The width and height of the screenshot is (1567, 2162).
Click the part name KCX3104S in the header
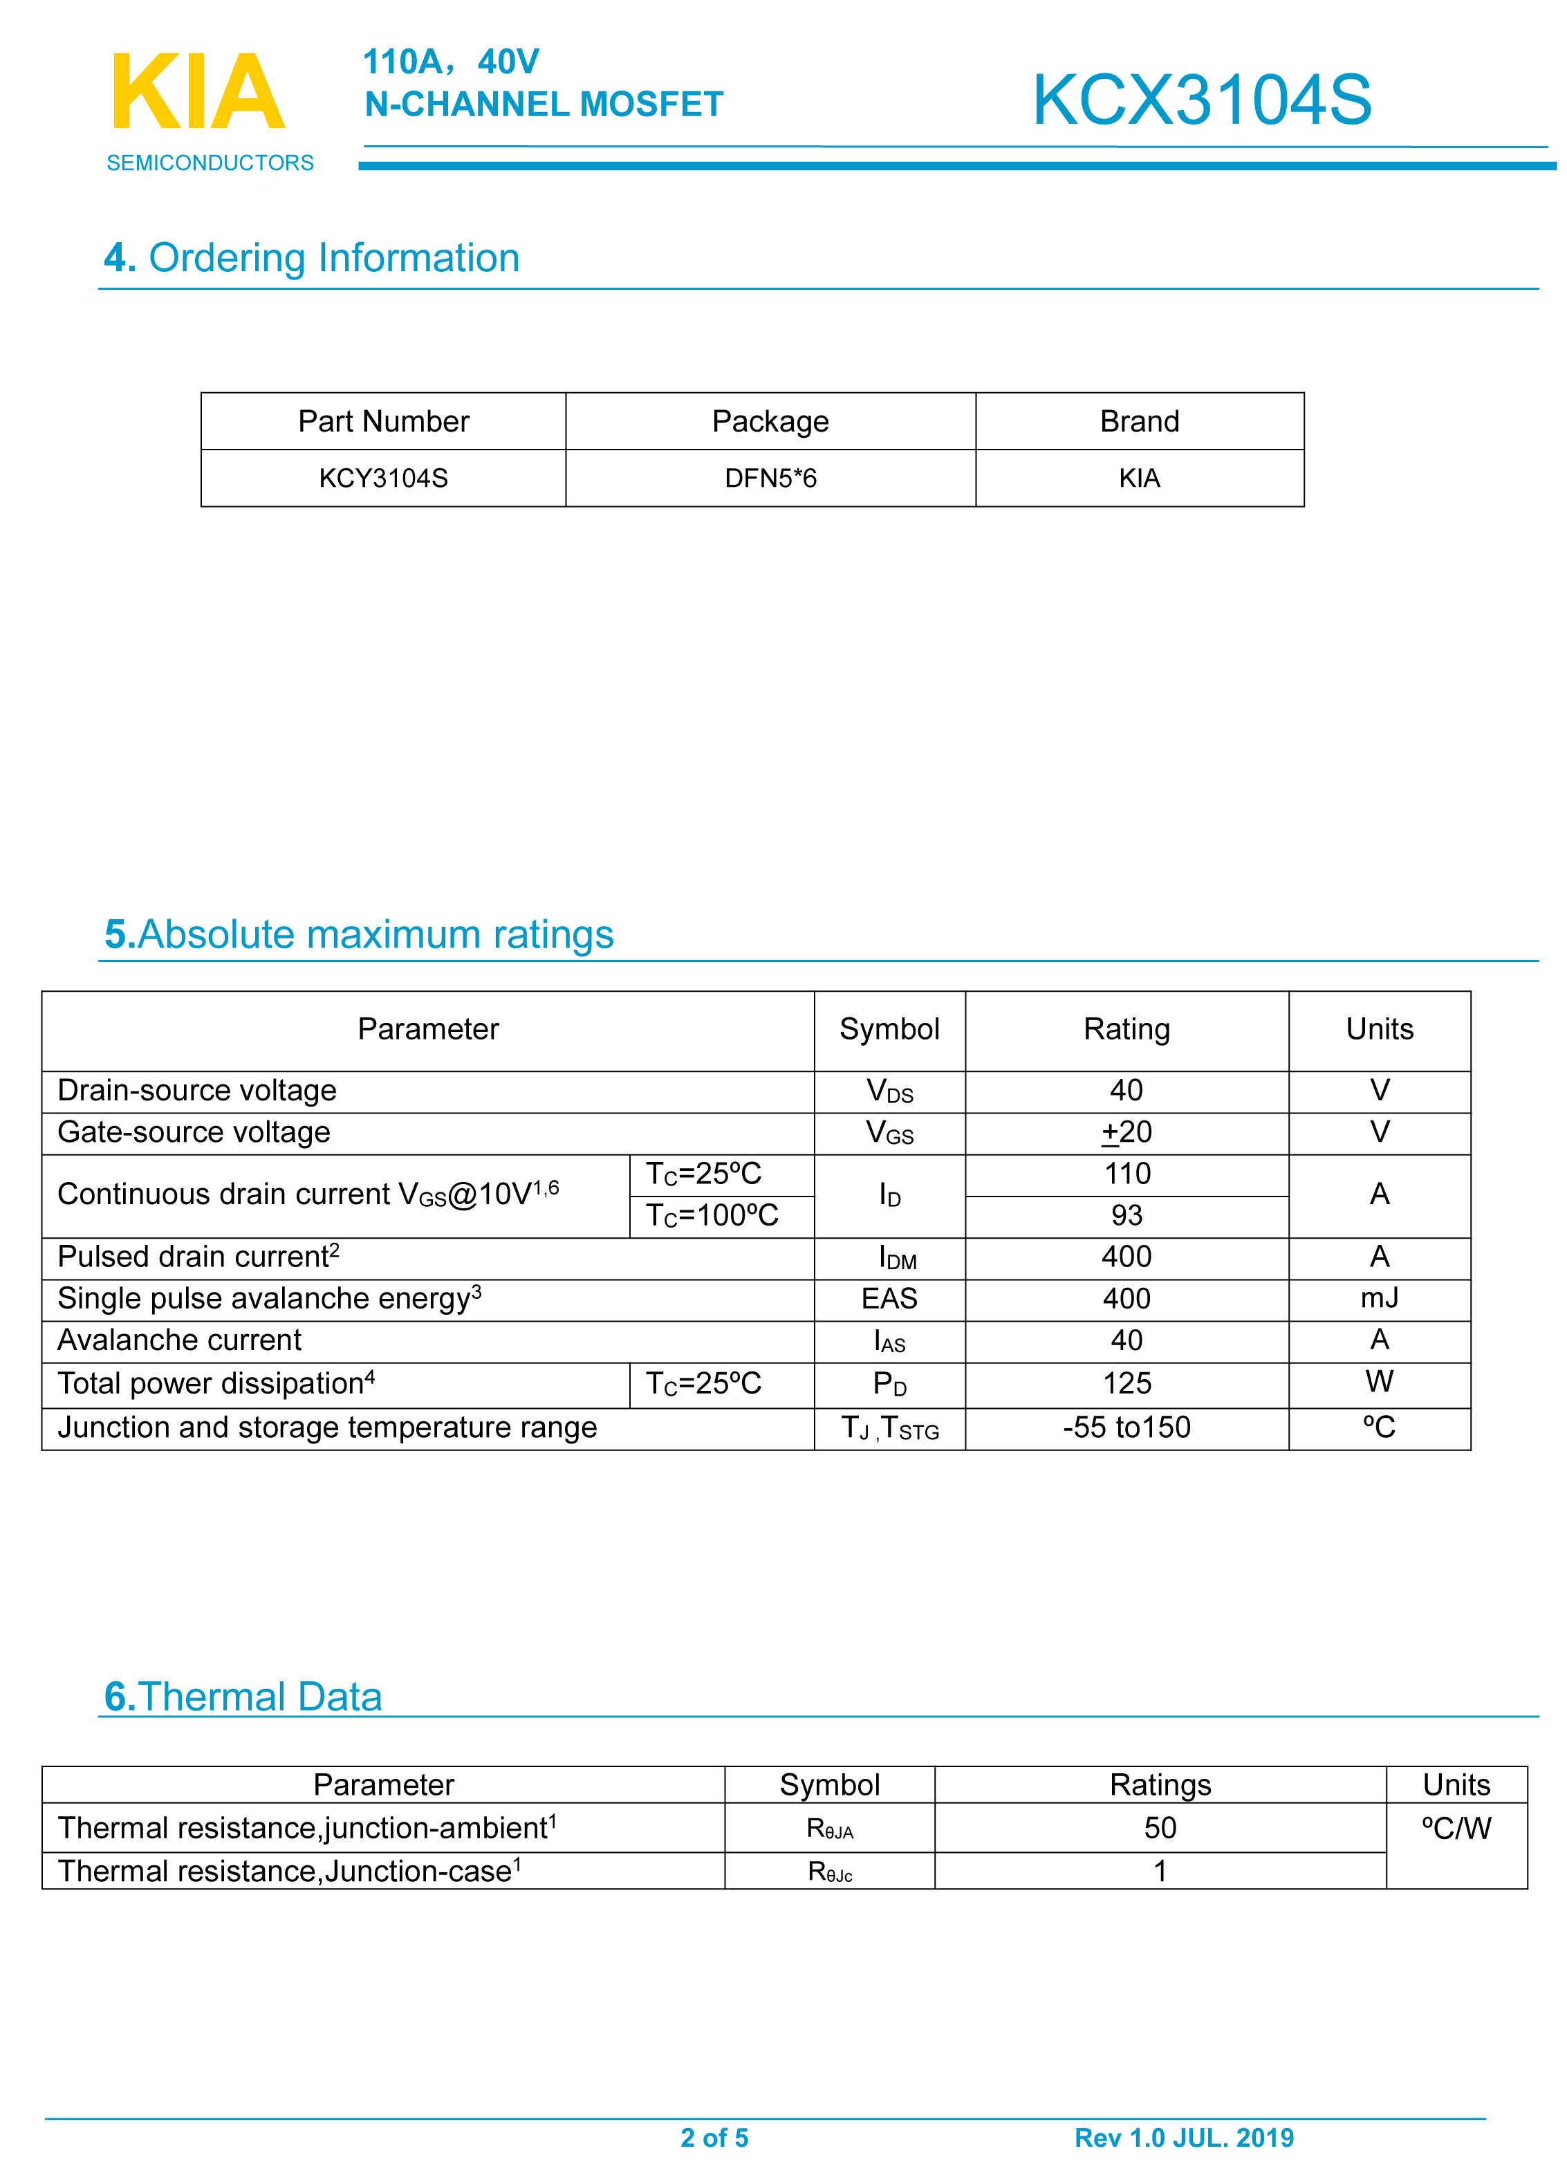(x=1201, y=100)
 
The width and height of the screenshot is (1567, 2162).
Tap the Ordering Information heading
(x=312, y=259)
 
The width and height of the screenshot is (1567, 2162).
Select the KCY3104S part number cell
(x=383, y=479)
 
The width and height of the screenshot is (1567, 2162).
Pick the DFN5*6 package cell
(x=770, y=479)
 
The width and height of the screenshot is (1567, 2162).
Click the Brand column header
(x=1139, y=421)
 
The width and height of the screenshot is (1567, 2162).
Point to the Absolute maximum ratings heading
(x=358, y=934)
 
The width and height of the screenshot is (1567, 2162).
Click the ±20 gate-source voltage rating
(x=1126, y=1132)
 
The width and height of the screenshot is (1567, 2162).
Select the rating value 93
(x=1126, y=1215)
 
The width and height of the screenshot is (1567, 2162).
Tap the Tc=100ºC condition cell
(x=712, y=1215)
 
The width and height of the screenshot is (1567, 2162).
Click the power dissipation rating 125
(x=1126, y=1383)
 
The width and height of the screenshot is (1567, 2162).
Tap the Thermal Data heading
(x=243, y=1697)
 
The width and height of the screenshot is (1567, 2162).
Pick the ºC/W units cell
(x=1456, y=1829)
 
